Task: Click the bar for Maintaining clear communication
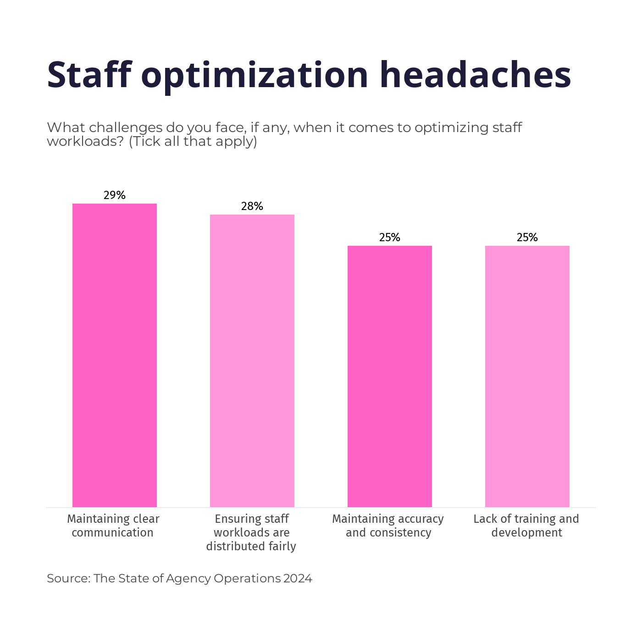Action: tap(115, 355)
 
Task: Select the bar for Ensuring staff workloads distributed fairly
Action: tap(252, 361)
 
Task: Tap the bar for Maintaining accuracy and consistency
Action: tap(390, 376)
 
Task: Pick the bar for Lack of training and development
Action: tap(527, 376)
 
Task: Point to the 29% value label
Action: tap(115, 195)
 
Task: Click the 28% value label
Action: tap(252, 206)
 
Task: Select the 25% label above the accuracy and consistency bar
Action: tap(390, 238)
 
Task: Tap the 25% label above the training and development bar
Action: tap(527, 238)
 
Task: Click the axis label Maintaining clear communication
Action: tap(113, 526)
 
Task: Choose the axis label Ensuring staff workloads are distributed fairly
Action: tap(251, 532)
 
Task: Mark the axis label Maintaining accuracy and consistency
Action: tap(388, 526)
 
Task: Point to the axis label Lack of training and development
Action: tap(526, 526)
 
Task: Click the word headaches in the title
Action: tap(475, 74)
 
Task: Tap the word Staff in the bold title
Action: tap(89, 74)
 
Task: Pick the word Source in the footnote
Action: tap(68, 578)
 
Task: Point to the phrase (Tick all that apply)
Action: tap(193, 141)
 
